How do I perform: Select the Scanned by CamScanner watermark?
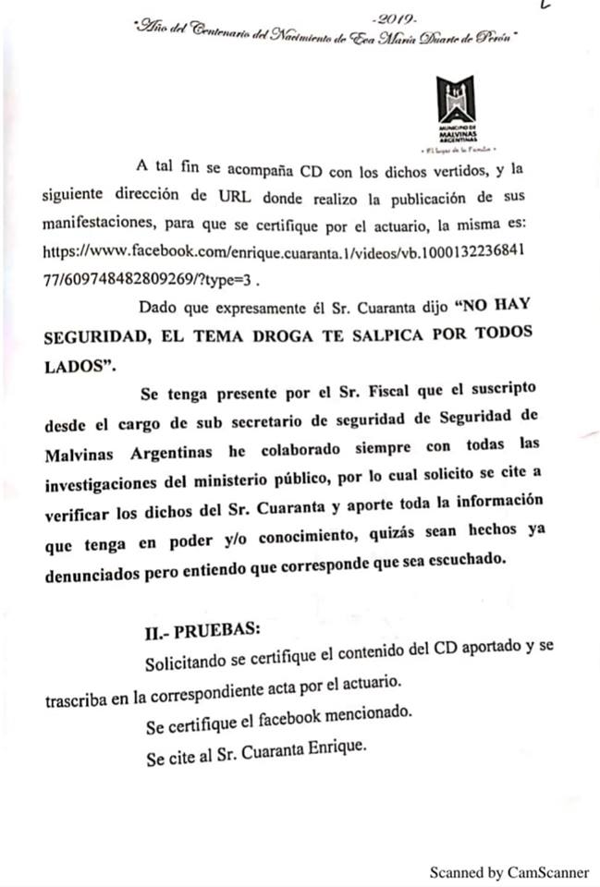[x=508, y=871]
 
